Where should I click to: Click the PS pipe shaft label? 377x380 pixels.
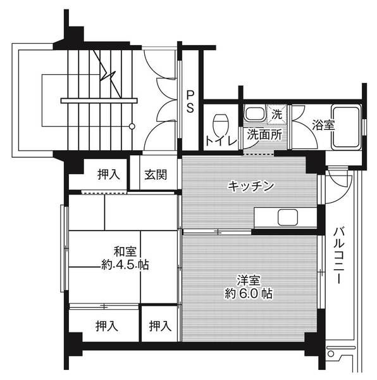190,101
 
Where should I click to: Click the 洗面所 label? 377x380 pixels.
264,134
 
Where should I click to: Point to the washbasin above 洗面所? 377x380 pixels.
256,115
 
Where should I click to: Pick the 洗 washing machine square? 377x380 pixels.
276,115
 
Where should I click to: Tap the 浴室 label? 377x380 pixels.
323,125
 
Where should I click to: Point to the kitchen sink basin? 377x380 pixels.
288,218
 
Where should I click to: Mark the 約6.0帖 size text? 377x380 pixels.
249,294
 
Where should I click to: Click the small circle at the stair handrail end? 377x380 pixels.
132,127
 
